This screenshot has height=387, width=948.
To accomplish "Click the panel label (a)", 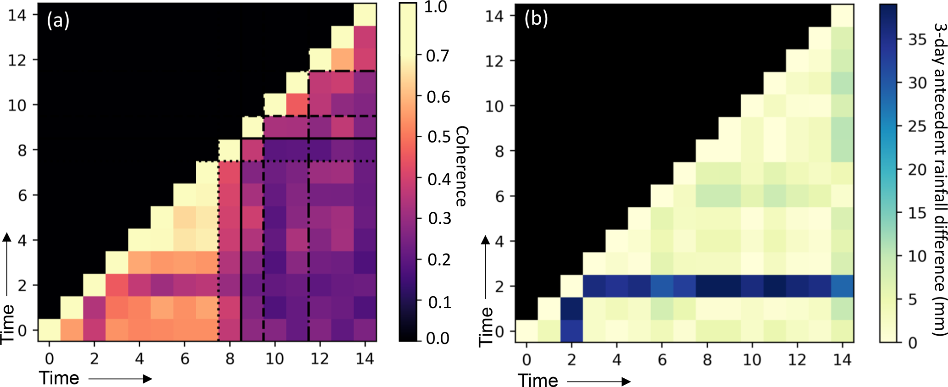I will [58, 21].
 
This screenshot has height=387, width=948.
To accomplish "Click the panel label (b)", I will [536, 20].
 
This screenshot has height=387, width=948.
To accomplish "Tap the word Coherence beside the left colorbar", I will [460, 166].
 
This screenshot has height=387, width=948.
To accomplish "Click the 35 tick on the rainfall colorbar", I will [917, 40].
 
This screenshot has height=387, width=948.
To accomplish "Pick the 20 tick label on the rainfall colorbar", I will [917, 170].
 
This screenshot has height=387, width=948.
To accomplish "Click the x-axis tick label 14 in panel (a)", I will [365, 359].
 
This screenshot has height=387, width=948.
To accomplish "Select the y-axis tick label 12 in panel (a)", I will [17, 60].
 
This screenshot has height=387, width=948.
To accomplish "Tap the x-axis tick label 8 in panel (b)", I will [707, 359].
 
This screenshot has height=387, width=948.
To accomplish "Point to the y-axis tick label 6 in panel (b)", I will [499, 196].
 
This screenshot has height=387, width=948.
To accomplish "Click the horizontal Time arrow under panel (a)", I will [120, 379].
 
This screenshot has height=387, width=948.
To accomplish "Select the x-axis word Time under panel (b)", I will [538, 380].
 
